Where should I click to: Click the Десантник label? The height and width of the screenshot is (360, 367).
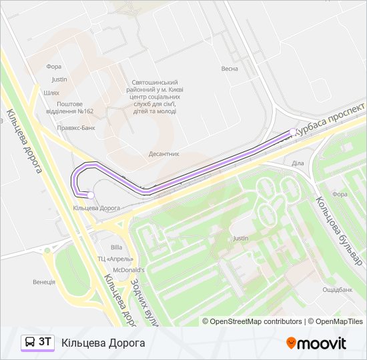[163, 153]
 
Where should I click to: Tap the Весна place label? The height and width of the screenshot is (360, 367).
[230, 69]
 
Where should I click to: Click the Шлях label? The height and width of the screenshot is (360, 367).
[51, 93]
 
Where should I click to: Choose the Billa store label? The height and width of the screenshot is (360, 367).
[117, 247]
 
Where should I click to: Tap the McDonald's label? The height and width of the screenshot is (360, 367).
[129, 269]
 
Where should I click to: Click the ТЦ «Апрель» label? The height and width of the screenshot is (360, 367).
[116, 259]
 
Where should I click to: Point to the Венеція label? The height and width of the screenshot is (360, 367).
[44, 282]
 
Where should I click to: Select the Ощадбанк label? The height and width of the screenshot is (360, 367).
[337, 289]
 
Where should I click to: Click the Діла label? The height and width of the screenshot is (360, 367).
[298, 163]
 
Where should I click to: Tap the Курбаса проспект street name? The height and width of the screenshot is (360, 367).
[327, 121]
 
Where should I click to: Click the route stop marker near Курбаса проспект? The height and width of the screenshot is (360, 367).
[293, 131]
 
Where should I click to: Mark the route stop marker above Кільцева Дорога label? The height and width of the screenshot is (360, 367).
[89, 195]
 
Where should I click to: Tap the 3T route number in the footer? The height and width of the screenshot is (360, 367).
[45, 342]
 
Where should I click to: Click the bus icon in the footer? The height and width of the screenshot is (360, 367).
[29, 343]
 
